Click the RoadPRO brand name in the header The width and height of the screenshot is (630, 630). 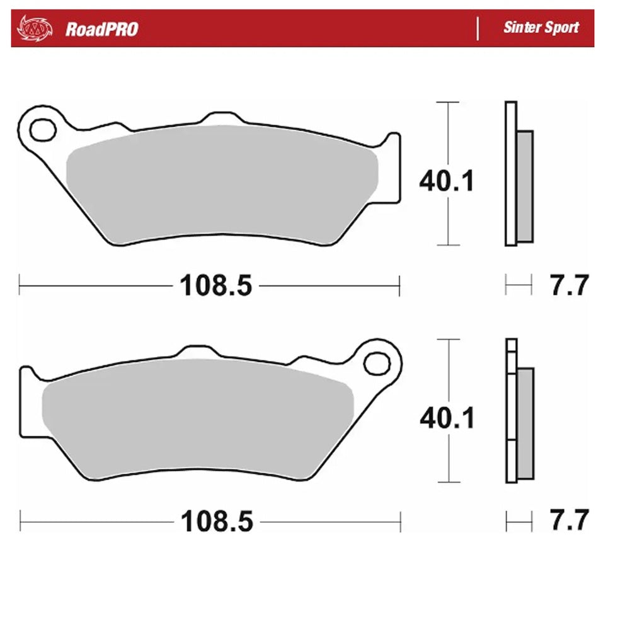click(101, 28)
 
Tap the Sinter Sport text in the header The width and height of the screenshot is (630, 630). click(541, 28)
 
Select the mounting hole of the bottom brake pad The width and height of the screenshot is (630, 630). click(377, 364)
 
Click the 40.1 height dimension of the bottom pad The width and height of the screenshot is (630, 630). click(447, 418)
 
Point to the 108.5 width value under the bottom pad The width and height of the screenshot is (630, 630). click(216, 522)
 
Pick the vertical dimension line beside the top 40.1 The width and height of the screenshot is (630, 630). click(447, 126)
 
